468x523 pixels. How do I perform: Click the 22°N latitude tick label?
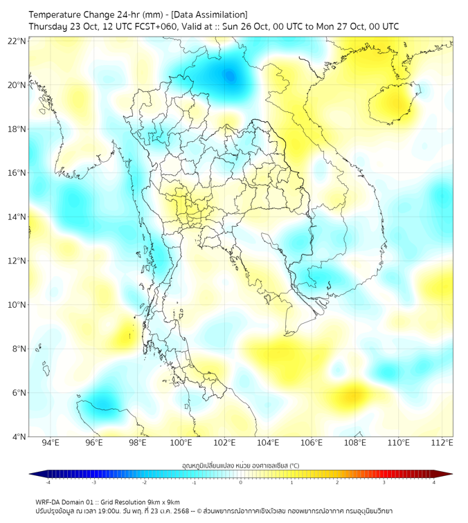(x=17, y=41)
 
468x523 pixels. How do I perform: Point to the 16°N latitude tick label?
(x=17, y=173)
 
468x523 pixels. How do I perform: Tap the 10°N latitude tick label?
(x=17, y=305)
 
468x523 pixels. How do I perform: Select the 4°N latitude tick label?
(x=19, y=437)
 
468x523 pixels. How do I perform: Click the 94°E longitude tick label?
(x=51, y=443)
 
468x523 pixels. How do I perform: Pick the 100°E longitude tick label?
(x=181, y=443)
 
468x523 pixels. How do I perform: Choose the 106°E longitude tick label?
(x=312, y=443)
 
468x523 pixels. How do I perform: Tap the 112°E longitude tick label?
(x=442, y=443)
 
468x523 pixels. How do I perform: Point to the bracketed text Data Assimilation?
(x=208, y=15)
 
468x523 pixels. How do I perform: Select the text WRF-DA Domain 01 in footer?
(x=63, y=502)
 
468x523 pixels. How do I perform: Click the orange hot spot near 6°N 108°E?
(x=353, y=396)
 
